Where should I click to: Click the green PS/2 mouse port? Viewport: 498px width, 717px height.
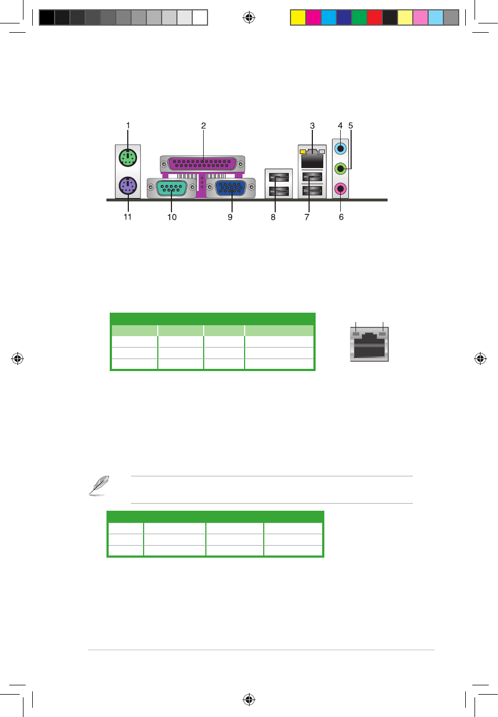tap(128, 158)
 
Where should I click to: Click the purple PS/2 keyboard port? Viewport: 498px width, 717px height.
tap(128, 186)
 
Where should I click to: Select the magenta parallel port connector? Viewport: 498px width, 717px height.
tap(203, 164)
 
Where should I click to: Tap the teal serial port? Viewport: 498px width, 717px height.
tap(171, 188)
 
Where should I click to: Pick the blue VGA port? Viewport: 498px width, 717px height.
tap(231, 188)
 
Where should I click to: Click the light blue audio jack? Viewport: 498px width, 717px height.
tap(340, 148)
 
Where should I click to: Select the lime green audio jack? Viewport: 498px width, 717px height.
tap(340, 169)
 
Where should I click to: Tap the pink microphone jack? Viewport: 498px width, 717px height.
tap(340, 189)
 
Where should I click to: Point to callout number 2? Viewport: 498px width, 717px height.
tap(203, 126)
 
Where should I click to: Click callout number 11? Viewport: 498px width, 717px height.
tap(127, 217)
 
